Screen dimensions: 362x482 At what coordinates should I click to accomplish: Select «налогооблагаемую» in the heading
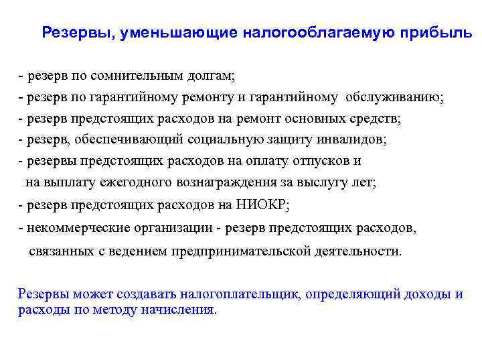click(319, 33)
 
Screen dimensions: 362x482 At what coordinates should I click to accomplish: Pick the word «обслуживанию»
click(393, 98)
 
